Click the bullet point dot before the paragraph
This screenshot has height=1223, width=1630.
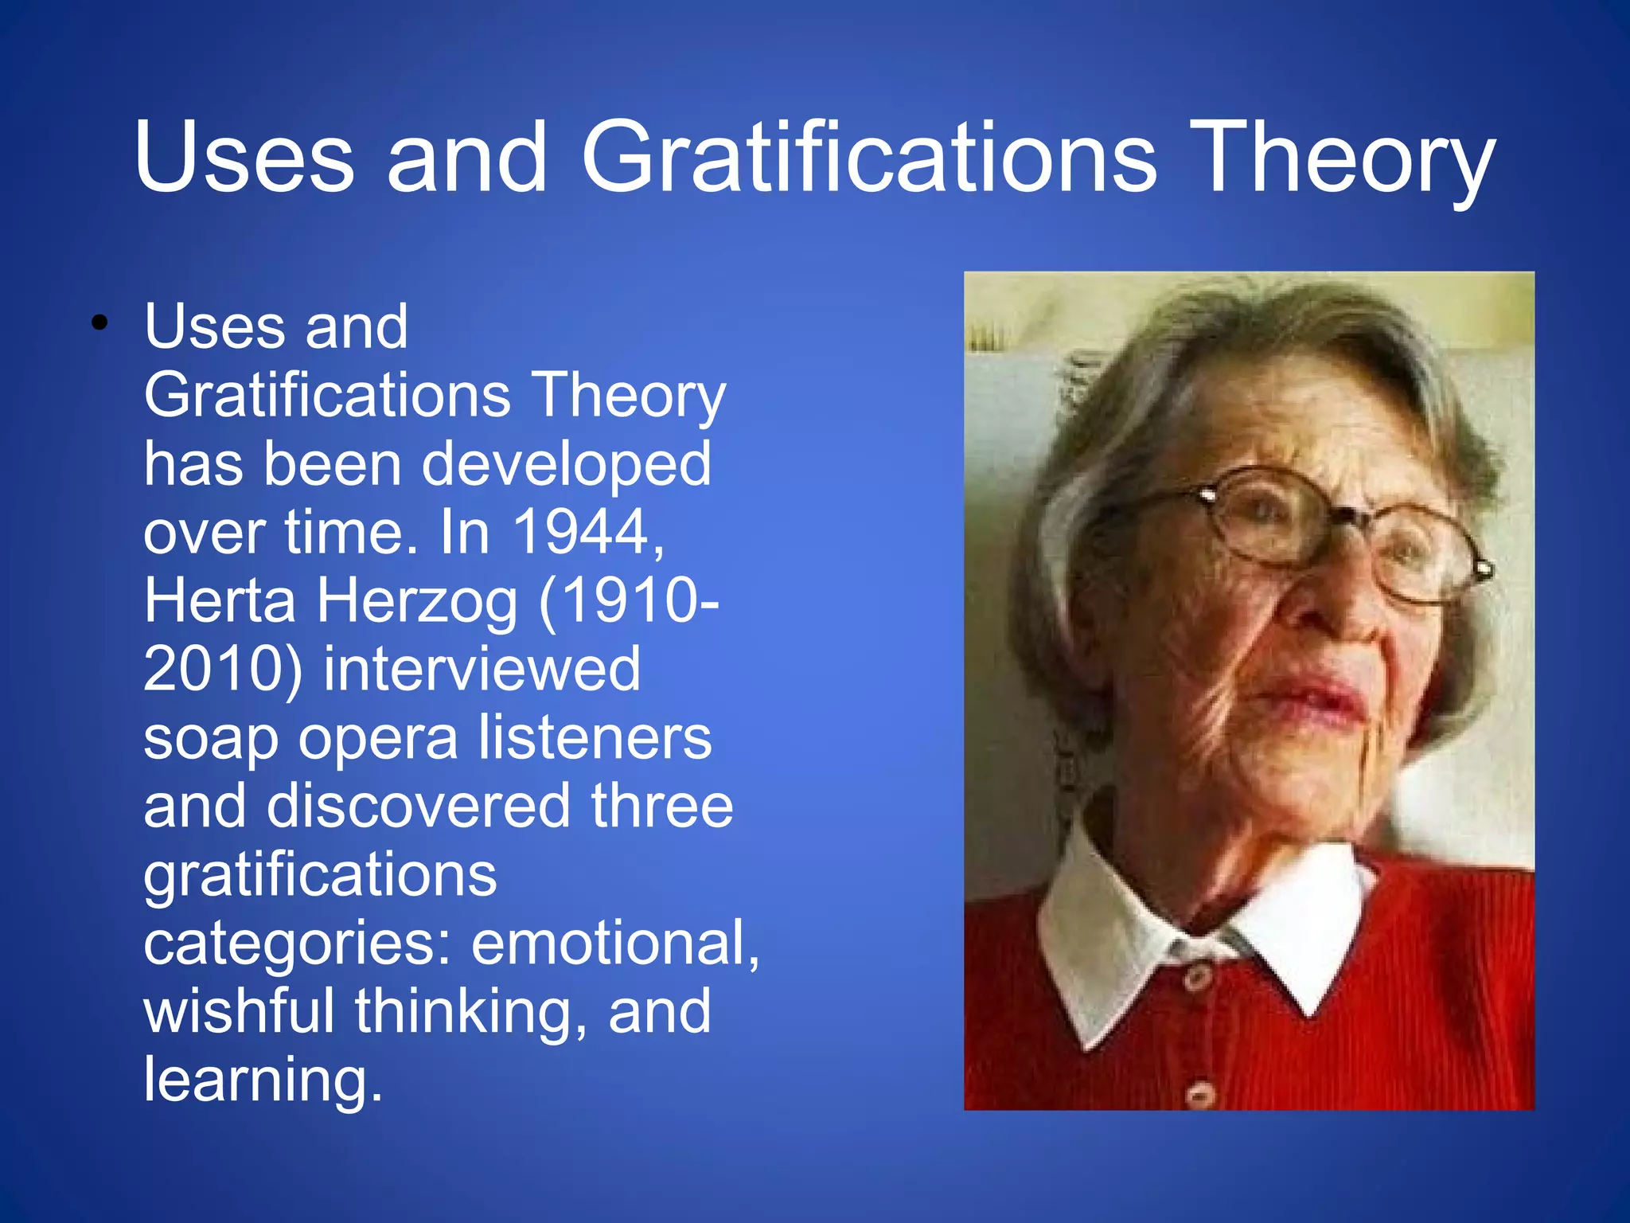click(99, 323)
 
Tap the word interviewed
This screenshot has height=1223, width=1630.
click(482, 669)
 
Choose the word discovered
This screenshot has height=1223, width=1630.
click(419, 806)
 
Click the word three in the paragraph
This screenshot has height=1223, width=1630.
click(661, 806)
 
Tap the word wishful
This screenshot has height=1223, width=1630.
click(239, 1011)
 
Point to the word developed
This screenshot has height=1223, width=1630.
click(566, 467)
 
